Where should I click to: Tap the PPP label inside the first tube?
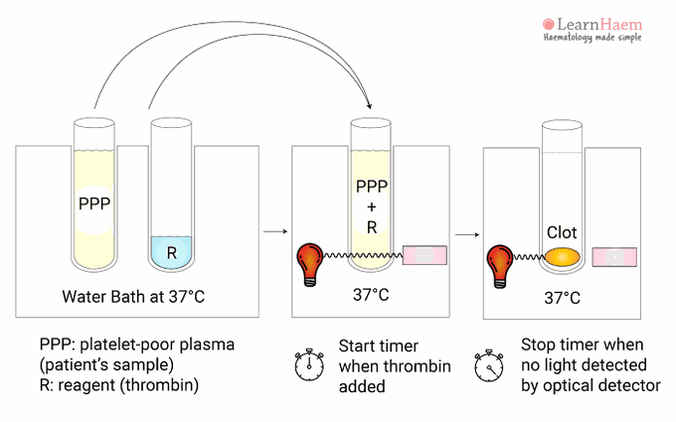pyautogui.click(x=94, y=207)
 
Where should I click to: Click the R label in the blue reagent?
pyautogui.click(x=171, y=252)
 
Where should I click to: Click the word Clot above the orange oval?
pyautogui.click(x=562, y=233)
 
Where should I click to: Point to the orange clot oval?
pyautogui.click(x=562, y=257)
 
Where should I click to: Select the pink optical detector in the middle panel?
pyautogui.click(x=423, y=255)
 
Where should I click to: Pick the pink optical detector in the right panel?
pyautogui.click(x=614, y=257)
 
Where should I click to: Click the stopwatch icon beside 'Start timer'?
pyautogui.click(x=310, y=364)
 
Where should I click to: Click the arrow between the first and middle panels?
pyautogui.click(x=269, y=231)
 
